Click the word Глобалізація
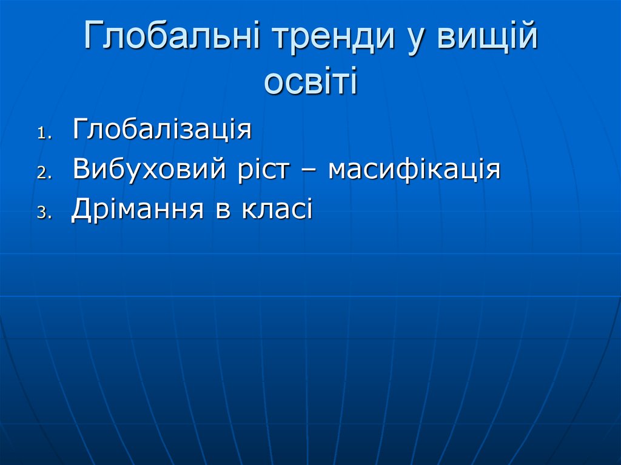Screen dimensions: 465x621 (x=162, y=129)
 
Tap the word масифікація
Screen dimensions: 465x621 (x=414, y=170)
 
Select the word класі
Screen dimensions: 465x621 (x=277, y=209)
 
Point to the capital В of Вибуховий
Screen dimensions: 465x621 (x=81, y=169)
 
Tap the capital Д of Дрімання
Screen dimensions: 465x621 (x=81, y=210)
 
